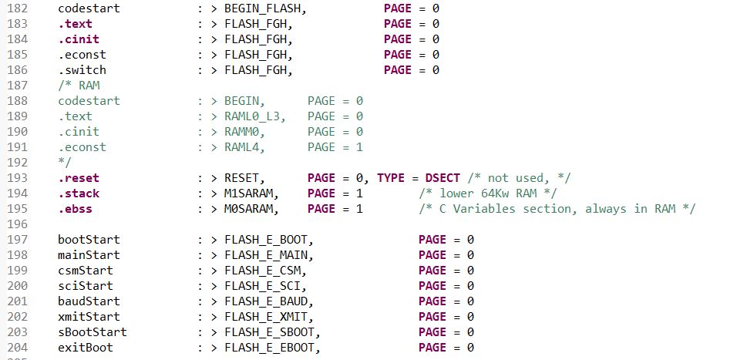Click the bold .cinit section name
[x=78, y=39]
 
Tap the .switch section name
[x=82, y=70]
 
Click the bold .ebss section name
[x=75, y=209]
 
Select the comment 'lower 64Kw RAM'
[x=486, y=193]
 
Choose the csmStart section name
[x=86, y=271]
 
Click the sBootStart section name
[x=93, y=332]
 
